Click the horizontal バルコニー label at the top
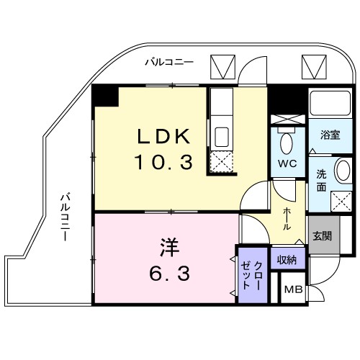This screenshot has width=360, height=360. (x=168, y=62)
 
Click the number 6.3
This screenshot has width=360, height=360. (x=170, y=273)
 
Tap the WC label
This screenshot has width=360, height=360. (x=288, y=163)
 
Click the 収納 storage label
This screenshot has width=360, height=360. (x=287, y=256)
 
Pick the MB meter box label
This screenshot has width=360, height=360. (x=292, y=290)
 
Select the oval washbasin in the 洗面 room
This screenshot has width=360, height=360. (x=343, y=173)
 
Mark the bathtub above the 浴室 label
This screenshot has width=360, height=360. (x=330, y=106)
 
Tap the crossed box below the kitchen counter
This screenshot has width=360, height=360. (x=221, y=163)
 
